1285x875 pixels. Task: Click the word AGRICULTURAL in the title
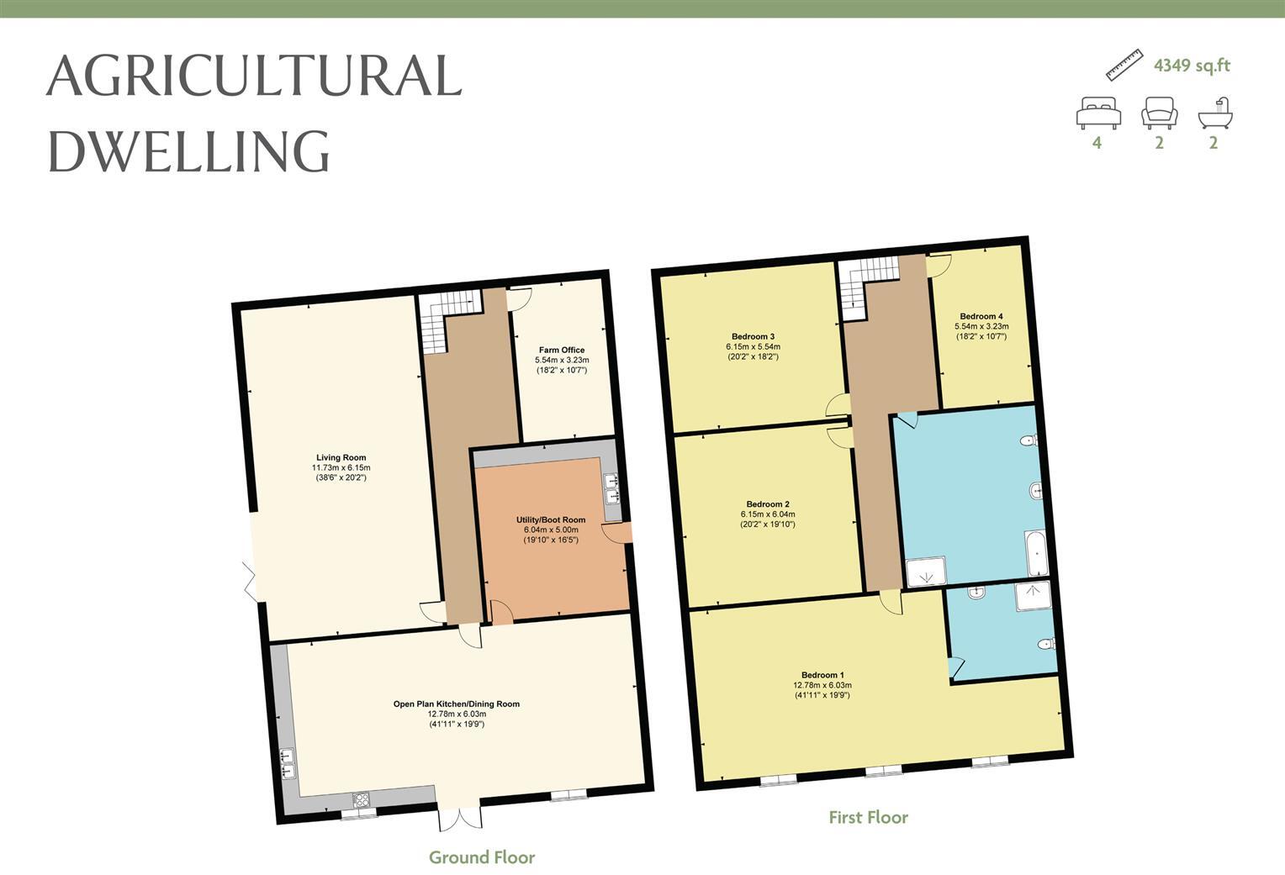254,76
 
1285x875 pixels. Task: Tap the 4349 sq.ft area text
1192,66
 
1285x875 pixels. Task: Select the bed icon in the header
1098,113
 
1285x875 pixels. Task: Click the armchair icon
1159,113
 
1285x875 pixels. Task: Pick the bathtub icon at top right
1216,113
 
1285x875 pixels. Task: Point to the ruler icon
1124,65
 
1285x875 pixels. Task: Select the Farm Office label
561,350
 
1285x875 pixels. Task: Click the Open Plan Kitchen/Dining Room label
457,704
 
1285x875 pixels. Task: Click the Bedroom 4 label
981,317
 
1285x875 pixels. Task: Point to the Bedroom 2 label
767,504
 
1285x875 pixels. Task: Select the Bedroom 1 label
822,675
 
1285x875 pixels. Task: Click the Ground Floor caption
482,857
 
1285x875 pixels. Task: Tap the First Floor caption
868,817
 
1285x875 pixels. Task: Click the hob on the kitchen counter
361,799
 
